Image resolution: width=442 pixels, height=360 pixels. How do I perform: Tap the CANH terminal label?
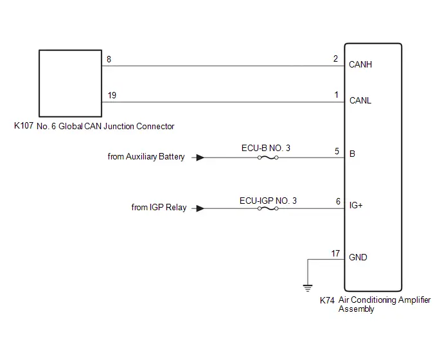(x=360, y=65)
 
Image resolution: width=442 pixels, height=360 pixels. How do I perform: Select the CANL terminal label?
(x=360, y=100)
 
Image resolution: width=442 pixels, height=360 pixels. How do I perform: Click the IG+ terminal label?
(x=356, y=205)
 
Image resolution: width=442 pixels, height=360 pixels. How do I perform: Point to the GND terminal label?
(x=358, y=257)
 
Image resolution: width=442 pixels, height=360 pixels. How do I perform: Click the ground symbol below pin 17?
(x=308, y=288)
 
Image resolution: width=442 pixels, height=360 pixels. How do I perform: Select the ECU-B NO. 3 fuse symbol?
(x=268, y=157)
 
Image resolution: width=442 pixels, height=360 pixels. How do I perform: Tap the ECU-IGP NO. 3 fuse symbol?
(x=268, y=208)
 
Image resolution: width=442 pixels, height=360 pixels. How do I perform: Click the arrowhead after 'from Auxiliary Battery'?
(x=200, y=157)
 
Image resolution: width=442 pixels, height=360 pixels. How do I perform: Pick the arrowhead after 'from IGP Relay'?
(x=200, y=208)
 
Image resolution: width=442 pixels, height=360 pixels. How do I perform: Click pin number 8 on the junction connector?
(x=109, y=59)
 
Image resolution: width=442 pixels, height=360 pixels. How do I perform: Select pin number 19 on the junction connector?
(x=112, y=95)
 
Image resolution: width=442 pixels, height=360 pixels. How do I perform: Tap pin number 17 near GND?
(x=335, y=254)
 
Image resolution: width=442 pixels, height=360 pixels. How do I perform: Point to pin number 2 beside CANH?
(x=335, y=59)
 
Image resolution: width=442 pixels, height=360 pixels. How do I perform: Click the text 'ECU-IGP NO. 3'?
(x=268, y=201)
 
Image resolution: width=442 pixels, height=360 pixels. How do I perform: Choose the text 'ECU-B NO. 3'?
(x=266, y=148)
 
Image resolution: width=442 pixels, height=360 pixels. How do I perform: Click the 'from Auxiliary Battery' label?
(x=146, y=157)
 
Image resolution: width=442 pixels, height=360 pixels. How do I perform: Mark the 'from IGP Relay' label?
(x=159, y=208)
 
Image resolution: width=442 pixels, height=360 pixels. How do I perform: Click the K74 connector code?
(x=327, y=300)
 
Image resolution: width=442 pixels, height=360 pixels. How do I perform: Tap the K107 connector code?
(x=24, y=125)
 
